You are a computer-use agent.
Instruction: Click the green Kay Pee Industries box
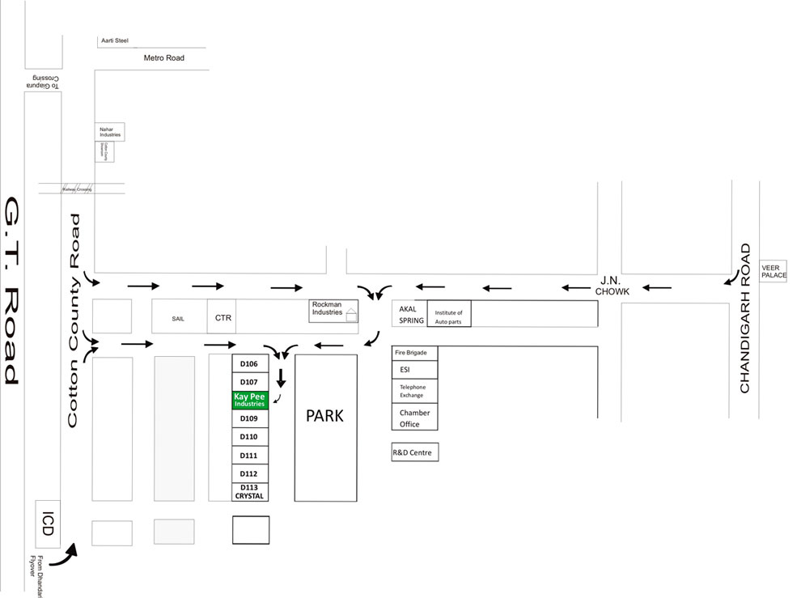point(250,400)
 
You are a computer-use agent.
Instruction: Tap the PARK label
point(324,416)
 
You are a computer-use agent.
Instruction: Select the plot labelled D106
point(250,363)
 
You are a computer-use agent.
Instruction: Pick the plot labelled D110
point(250,437)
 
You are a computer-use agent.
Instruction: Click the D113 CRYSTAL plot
point(250,491)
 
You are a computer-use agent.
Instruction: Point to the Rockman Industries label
point(328,309)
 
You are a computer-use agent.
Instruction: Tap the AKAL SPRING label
point(411,315)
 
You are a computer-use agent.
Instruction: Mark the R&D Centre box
point(414,452)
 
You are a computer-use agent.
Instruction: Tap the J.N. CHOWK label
point(611,287)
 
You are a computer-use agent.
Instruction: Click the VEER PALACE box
point(774,271)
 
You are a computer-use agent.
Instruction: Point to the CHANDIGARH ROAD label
point(745,318)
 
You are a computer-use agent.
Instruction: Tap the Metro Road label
point(164,58)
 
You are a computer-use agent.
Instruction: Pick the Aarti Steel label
point(115,40)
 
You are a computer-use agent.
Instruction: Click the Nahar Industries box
point(110,132)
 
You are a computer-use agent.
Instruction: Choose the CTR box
point(223,317)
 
